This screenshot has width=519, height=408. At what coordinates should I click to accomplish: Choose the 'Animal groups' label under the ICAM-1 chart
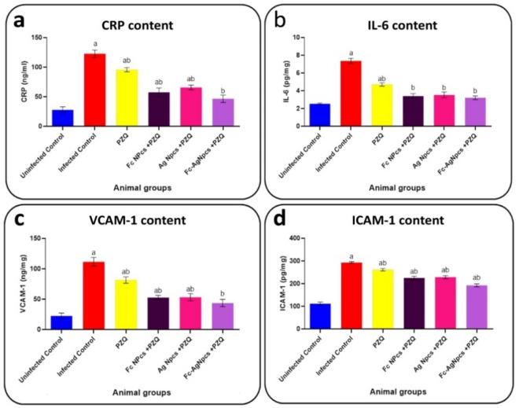pos(397,395)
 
